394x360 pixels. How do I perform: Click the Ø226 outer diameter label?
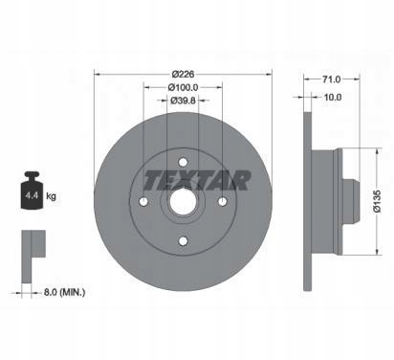[183, 74]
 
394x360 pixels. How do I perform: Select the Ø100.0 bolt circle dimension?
[183, 87]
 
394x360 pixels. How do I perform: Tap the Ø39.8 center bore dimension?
[183, 101]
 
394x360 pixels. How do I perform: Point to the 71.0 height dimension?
[331, 79]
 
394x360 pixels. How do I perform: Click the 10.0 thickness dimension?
[332, 97]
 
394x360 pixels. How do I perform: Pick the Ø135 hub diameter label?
[377, 201]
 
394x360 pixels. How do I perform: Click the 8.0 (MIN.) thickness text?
[64, 292]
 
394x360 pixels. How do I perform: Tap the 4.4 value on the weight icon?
[32, 195]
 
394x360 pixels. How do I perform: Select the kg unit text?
[51, 196]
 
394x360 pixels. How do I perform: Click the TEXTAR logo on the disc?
[197, 180]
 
